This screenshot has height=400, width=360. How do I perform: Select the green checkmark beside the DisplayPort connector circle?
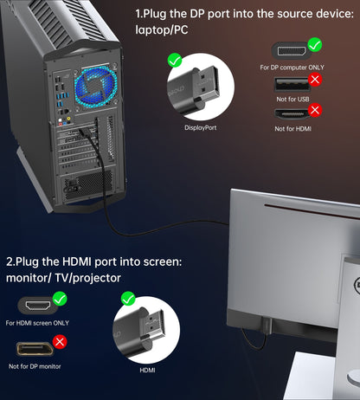176,61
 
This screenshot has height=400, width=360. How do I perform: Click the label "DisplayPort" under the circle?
202,128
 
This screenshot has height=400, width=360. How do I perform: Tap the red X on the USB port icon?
316,77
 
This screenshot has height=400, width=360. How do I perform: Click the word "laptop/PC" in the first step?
162,29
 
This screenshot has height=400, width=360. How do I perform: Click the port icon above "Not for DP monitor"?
37,349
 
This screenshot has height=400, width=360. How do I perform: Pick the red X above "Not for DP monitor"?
60,341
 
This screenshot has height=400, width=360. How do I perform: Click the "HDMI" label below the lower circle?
148,369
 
